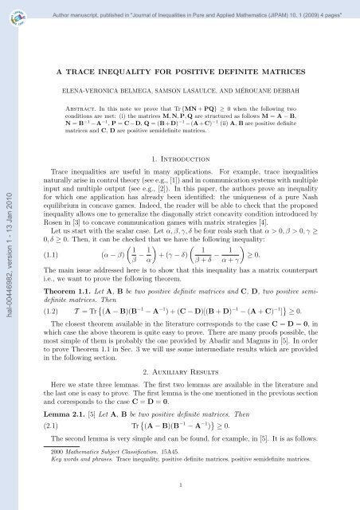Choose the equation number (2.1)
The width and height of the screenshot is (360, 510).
pos(49,450)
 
